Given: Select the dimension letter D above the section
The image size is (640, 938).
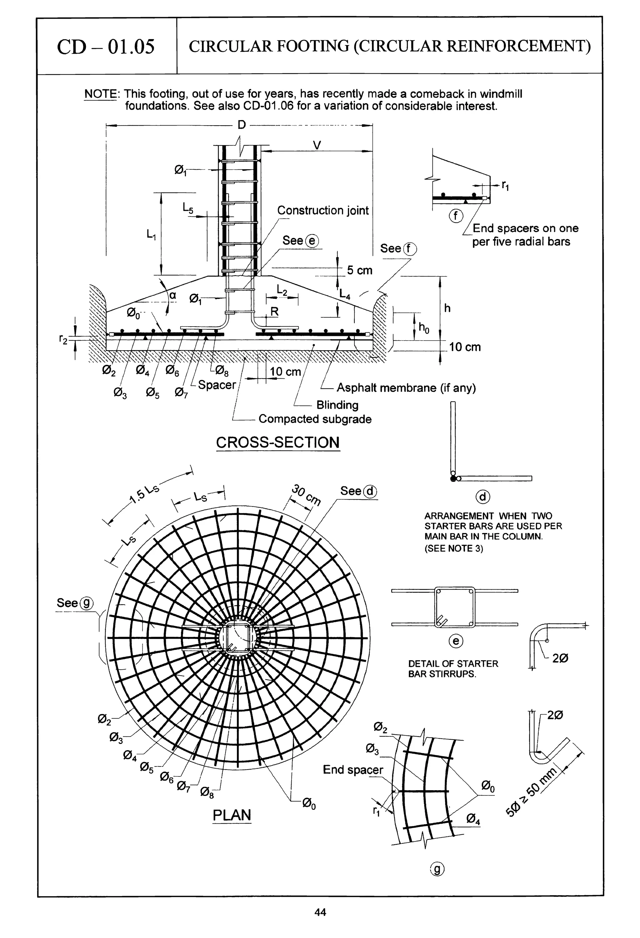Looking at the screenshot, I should point(242,125).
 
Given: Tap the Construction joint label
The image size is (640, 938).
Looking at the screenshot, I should point(322,210).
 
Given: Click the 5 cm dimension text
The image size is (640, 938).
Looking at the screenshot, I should point(359,270).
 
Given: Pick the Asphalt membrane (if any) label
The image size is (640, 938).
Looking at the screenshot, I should point(406,388).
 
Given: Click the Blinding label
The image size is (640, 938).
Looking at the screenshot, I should point(337,405).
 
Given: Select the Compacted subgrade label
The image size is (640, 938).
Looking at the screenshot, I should point(315,419).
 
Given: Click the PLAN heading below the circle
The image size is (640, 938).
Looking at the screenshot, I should point(232,815).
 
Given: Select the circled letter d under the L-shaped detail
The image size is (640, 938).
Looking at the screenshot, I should point(483,497).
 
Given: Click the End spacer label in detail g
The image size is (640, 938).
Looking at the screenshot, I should point(352,770).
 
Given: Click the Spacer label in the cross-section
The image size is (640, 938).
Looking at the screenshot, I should point(217,385).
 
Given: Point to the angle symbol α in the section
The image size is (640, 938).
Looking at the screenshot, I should point(173,296).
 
